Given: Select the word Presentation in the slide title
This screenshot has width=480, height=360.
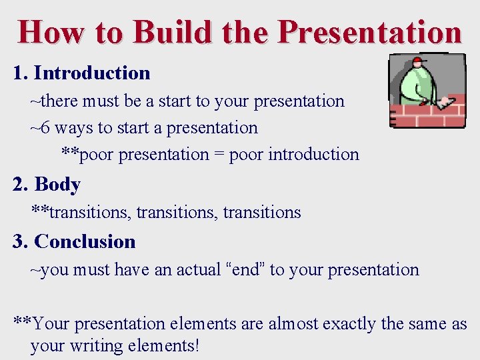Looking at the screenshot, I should tap(369, 31).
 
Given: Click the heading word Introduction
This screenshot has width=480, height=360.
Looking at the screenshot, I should tap(92, 73).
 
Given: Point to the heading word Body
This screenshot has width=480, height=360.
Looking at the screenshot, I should tap(57, 184).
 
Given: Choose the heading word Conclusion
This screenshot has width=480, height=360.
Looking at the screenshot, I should tap(85, 241).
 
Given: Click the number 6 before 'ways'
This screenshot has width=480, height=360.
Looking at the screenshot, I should tap(45, 127).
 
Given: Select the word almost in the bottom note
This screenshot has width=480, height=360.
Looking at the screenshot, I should tap(294, 324).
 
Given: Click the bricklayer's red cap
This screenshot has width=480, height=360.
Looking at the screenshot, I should tap(419, 61).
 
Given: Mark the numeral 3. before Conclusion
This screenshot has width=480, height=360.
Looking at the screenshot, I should tap(19, 241).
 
